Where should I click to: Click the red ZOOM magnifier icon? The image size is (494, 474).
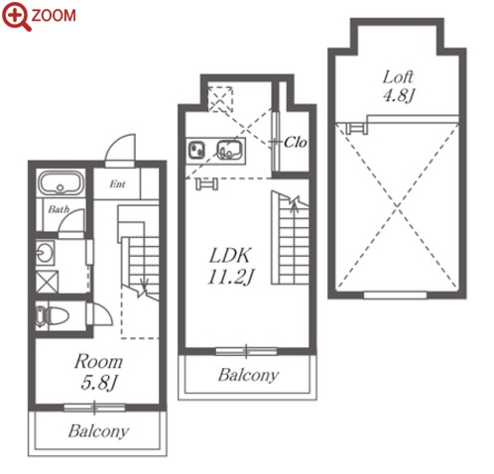click(x=16, y=16)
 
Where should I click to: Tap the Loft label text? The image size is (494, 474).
click(x=398, y=77)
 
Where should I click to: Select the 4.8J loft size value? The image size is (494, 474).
click(x=399, y=95)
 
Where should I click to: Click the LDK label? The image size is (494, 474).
click(x=230, y=256)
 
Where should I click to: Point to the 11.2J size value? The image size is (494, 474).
click(x=231, y=277)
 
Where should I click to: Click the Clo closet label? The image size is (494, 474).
click(x=295, y=143)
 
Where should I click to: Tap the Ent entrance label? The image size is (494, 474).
click(x=117, y=183)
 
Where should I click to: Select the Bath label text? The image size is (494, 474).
click(x=59, y=209)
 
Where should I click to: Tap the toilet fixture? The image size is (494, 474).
click(x=53, y=316)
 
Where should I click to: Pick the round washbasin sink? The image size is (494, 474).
click(x=45, y=253)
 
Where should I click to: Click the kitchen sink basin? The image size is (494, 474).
click(x=229, y=150)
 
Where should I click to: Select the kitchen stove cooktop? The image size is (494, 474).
click(x=196, y=150)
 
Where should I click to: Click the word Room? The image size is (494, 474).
click(x=98, y=362)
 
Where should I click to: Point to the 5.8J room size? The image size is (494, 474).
click(x=99, y=383)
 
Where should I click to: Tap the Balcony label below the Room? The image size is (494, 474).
click(x=98, y=431)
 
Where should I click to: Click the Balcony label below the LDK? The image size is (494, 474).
click(x=248, y=376)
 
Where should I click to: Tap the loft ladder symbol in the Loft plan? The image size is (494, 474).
click(x=356, y=128)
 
